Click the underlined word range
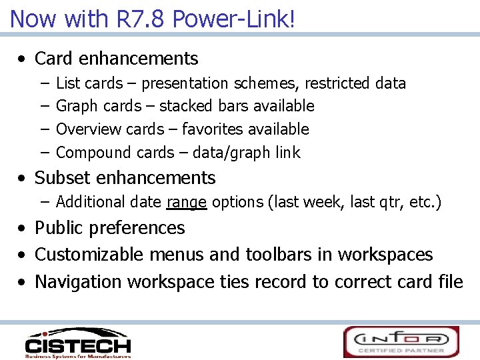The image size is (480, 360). [x=186, y=202]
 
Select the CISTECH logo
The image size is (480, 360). [x=77, y=343]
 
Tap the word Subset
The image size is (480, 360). [x=63, y=178]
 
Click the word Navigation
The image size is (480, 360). [x=79, y=282]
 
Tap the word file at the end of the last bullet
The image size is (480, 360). [x=450, y=282]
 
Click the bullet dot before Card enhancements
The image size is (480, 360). [x=23, y=59]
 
